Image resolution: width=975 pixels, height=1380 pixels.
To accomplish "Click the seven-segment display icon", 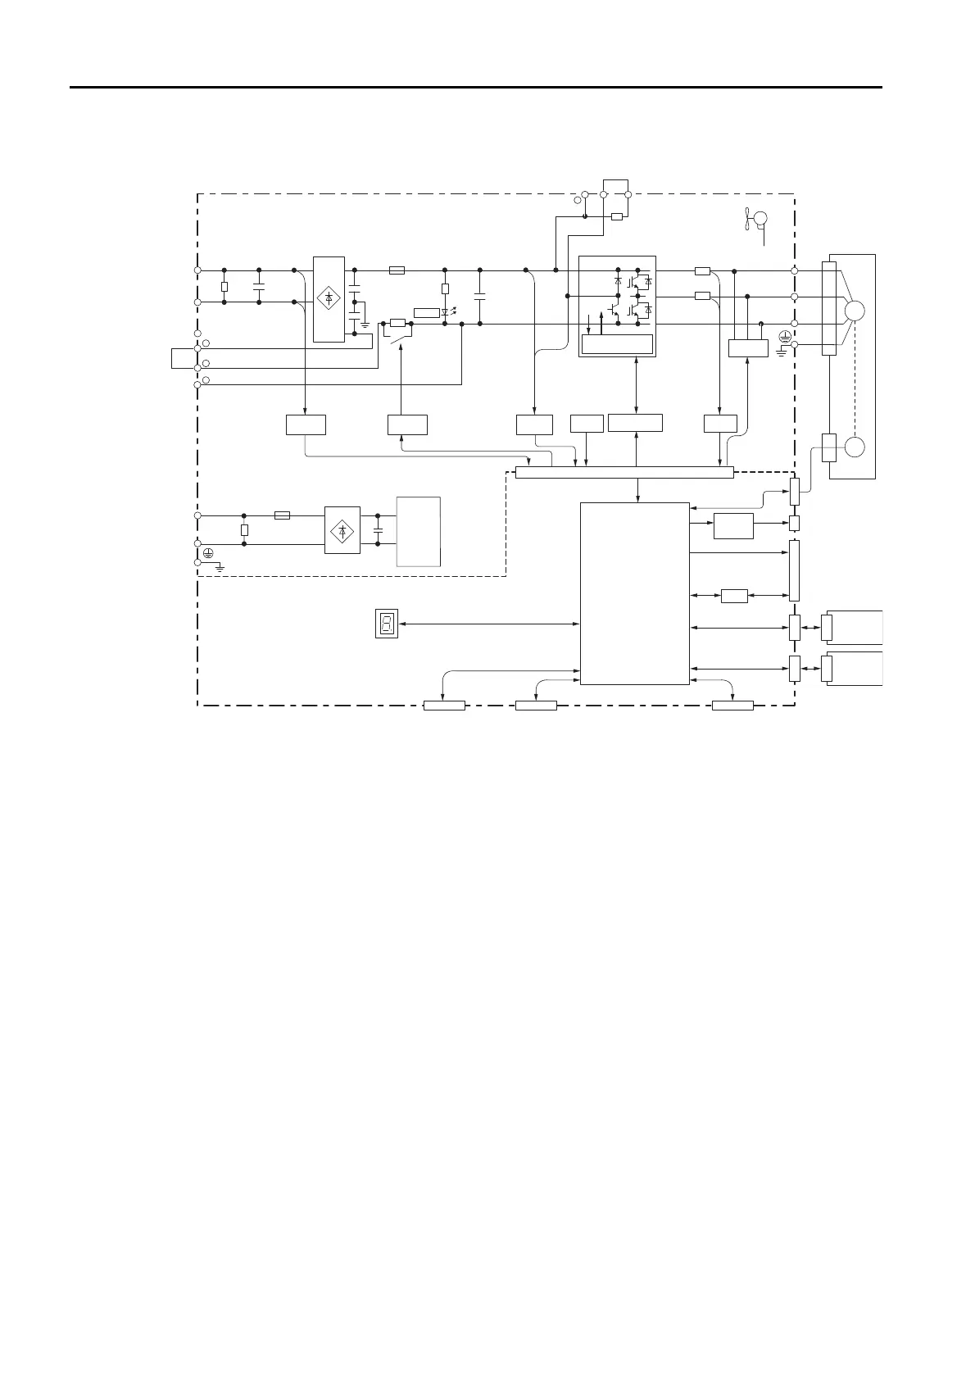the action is click(387, 624).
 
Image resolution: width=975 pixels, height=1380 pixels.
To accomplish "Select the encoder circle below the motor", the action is click(854, 447).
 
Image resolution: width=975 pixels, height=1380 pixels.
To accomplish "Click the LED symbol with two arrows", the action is click(447, 312).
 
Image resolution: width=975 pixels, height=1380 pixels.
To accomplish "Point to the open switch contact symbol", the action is click(399, 337).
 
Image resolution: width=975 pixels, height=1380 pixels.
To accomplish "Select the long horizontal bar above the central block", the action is click(624, 471).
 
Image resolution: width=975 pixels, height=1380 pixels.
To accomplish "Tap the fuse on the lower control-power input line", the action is click(281, 515).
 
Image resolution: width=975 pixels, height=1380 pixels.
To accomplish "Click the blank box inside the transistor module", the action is click(617, 344).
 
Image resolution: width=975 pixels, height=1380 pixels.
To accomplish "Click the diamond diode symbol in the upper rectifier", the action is click(329, 298).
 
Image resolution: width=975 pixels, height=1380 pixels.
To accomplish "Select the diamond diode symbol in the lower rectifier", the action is click(342, 530).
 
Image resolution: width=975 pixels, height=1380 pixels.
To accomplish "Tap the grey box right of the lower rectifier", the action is click(419, 530).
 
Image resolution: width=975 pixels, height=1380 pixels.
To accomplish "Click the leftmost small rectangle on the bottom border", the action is click(444, 706).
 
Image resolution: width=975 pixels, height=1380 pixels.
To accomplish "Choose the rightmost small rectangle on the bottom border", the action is click(732, 706).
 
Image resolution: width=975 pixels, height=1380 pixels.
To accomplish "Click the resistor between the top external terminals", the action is click(617, 216).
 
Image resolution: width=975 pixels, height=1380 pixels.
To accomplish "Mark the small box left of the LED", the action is click(427, 312).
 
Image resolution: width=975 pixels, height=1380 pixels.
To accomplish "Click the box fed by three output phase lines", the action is click(748, 347).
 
